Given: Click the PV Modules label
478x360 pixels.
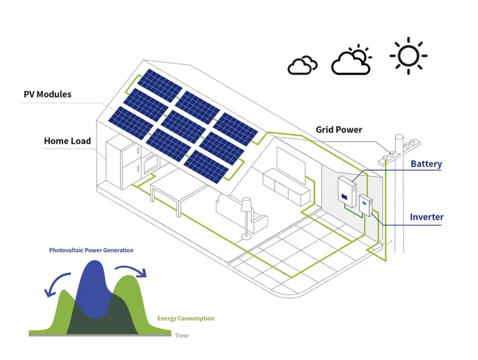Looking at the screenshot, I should (48, 94).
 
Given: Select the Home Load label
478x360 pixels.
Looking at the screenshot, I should (67, 141).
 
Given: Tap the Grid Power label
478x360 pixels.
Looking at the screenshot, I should (339, 130).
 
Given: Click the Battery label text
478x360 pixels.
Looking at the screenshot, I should (426, 164).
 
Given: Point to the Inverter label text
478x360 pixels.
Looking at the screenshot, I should (427, 217).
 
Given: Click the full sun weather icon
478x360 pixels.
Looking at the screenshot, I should (408, 55).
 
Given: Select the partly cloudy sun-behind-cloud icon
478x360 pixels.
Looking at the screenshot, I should (351, 61).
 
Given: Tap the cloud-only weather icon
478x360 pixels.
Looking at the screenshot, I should (302, 65).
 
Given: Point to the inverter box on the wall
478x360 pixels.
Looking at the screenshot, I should (365, 205).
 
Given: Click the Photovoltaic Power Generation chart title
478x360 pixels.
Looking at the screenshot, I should (91, 250).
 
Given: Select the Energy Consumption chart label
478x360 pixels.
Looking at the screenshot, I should (185, 318).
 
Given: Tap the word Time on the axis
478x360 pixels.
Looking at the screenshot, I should (182, 335).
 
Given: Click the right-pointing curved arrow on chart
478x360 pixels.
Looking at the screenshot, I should (131, 270).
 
